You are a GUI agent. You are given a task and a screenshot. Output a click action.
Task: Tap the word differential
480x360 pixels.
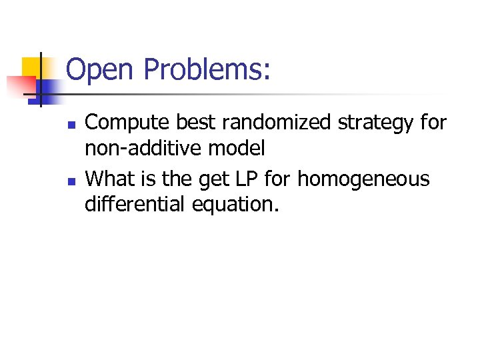(x=135, y=204)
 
